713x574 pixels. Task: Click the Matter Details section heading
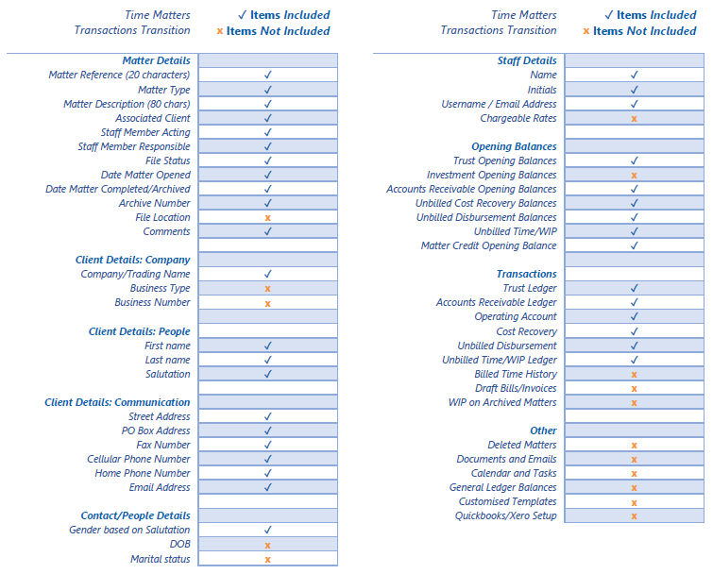pos(156,60)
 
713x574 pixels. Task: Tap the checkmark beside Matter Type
pos(268,90)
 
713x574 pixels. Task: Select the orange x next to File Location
pos(268,218)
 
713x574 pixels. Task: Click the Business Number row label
pos(152,303)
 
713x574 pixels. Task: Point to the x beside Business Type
pos(268,289)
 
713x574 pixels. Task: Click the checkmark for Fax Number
pos(268,445)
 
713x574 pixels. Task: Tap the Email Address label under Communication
pos(160,487)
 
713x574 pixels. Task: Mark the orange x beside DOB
pos(268,545)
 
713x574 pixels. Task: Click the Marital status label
pos(160,559)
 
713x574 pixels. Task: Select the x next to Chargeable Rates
pos(634,119)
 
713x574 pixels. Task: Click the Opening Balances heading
pos(514,146)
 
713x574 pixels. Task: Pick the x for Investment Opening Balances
pos(634,176)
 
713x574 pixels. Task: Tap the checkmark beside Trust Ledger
pos(634,289)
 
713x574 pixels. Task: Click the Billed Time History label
pos(515,374)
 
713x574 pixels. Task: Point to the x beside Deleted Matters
pos(634,446)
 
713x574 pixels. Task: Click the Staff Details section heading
pos(527,60)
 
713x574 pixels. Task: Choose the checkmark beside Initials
pos(634,90)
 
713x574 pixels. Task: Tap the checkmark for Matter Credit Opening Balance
pos(634,245)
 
